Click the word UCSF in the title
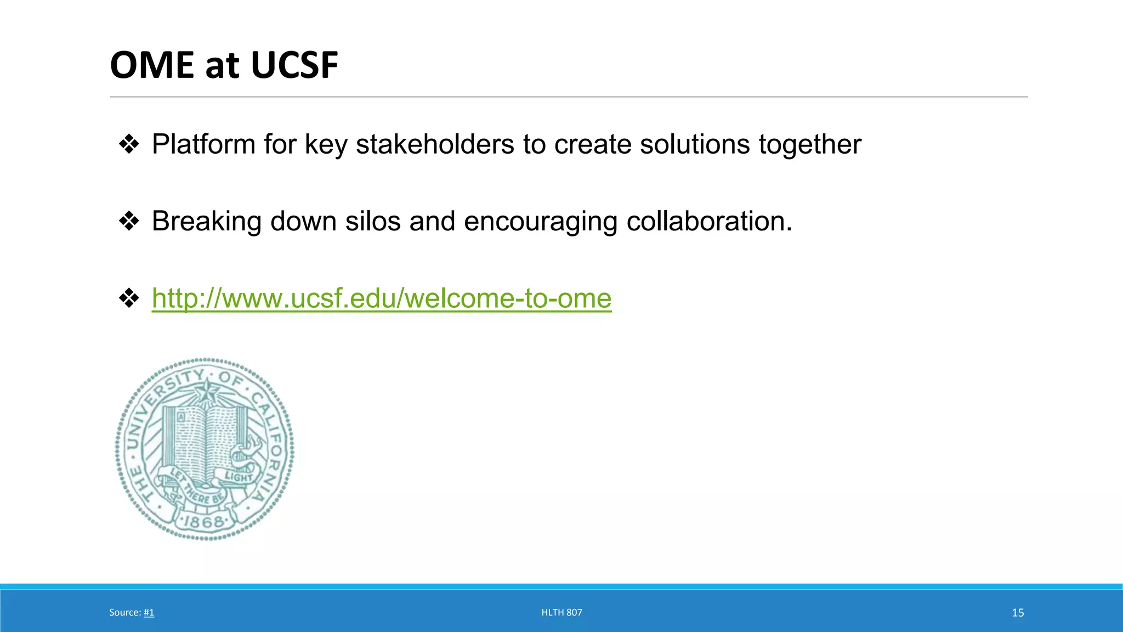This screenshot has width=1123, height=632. pyautogui.click(x=294, y=65)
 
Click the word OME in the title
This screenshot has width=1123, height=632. pyautogui.click(x=152, y=65)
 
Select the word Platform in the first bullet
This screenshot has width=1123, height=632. pyautogui.click(x=203, y=144)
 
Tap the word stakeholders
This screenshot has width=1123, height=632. pyautogui.click(x=435, y=144)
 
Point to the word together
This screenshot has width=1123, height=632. pyautogui.click(x=810, y=145)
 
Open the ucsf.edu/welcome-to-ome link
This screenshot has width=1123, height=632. pyautogui.click(x=382, y=298)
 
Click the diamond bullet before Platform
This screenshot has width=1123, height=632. pyautogui.click(x=129, y=144)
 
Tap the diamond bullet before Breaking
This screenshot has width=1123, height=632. pyautogui.click(x=129, y=222)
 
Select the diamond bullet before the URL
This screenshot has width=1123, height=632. pyautogui.click(x=129, y=298)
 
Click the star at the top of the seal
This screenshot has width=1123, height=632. pyautogui.click(x=207, y=392)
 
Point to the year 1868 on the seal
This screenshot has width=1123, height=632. pyautogui.click(x=204, y=522)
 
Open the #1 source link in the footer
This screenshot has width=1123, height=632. pyautogui.click(x=149, y=613)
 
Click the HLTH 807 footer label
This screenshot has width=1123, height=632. pyautogui.click(x=561, y=613)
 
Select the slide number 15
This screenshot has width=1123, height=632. pyautogui.click(x=1018, y=613)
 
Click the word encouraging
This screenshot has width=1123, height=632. pyautogui.click(x=541, y=222)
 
